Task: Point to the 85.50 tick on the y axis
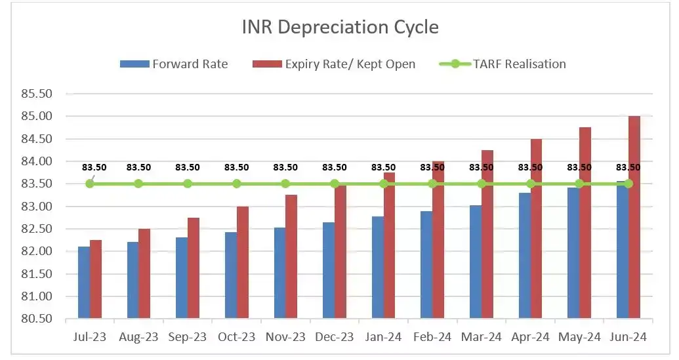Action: click(37, 94)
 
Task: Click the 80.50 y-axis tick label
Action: click(37, 319)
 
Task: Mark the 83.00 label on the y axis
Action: click(37, 207)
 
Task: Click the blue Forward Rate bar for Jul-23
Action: click(83, 283)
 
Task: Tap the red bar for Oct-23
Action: click(243, 262)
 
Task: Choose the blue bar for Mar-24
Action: click(476, 262)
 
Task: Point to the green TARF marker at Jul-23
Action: click(90, 184)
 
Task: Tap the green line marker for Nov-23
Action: click(285, 184)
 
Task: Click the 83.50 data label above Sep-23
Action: click(188, 167)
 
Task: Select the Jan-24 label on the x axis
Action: click(383, 337)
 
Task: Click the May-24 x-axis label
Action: click(579, 337)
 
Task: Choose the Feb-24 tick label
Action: click(432, 337)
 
